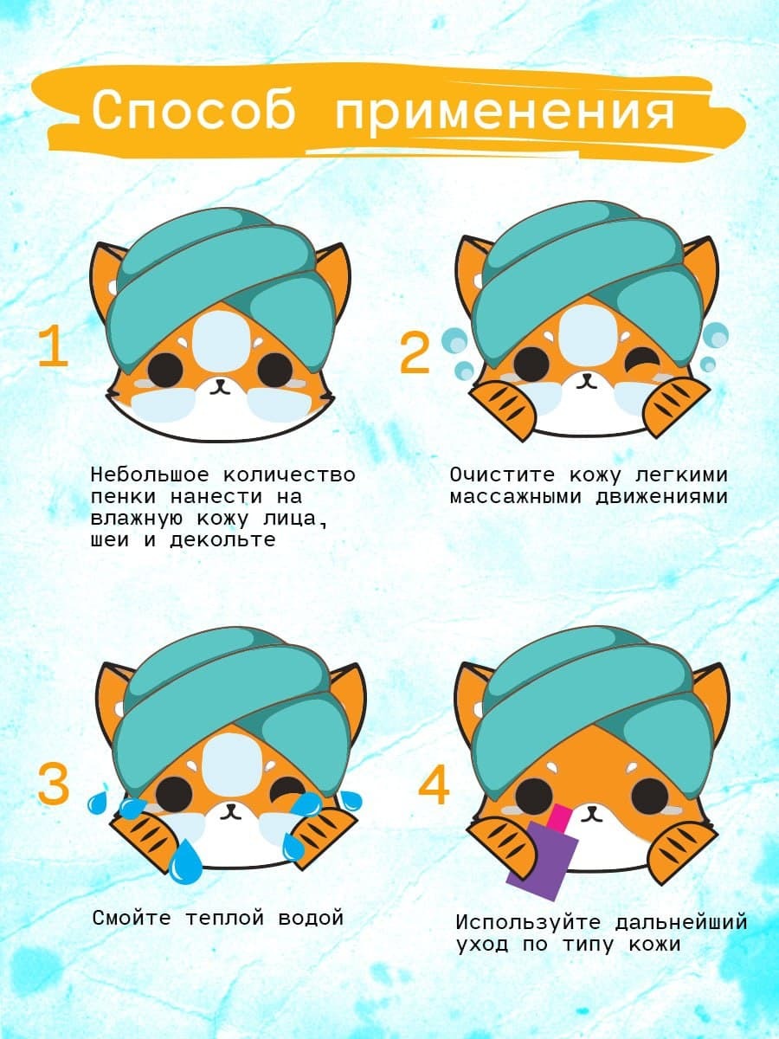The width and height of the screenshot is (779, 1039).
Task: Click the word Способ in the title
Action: tap(194, 110)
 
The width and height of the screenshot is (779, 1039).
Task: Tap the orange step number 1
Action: tap(53, 346)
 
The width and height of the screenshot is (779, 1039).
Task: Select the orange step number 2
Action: tap(415, 353)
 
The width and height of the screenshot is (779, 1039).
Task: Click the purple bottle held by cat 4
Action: tap(543, 860)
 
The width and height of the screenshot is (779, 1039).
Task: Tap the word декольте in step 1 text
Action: tap(222, 539)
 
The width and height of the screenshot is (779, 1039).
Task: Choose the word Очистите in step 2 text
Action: tap(503, 474)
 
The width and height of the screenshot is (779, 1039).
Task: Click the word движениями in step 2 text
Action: tap(661, 497)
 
